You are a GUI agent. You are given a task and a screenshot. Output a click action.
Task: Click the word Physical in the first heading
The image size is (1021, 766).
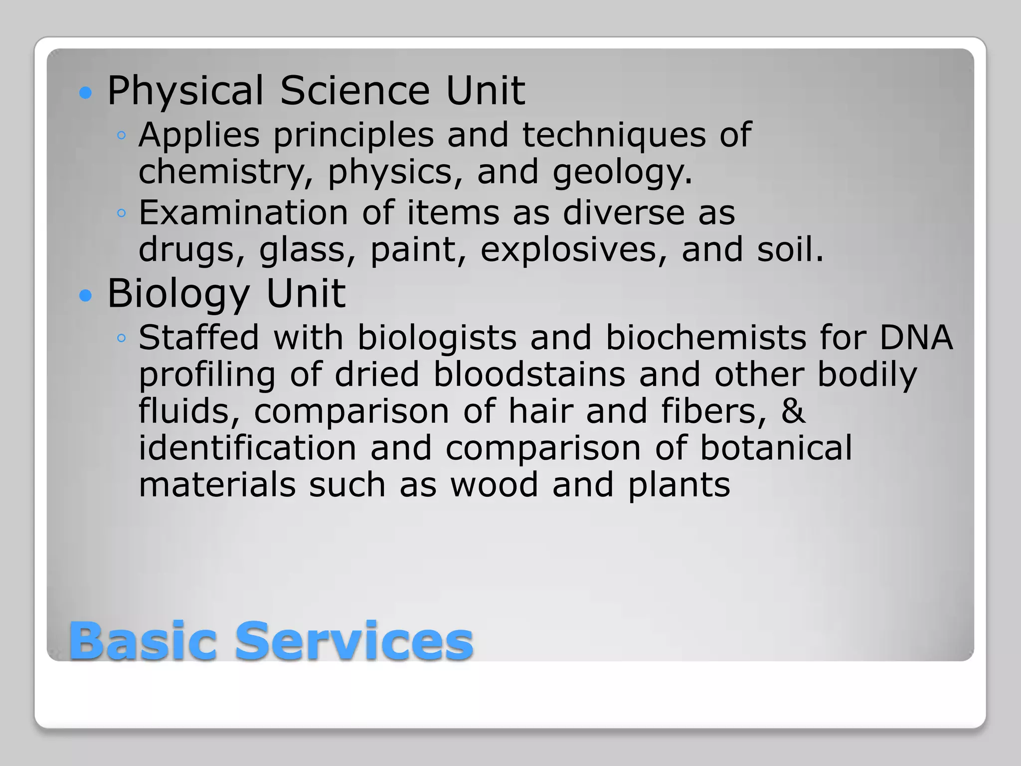(185, 91)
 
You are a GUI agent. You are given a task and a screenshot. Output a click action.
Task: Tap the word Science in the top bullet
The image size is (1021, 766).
(354, 91)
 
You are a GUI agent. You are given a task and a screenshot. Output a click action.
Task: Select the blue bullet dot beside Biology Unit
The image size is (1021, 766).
(86, 296)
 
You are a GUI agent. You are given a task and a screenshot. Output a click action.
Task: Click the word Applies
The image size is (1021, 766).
(199, 136)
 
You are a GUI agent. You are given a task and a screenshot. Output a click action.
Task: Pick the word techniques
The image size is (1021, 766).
(614, 136)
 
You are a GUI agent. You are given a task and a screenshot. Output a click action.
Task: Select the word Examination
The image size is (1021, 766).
(243, 213)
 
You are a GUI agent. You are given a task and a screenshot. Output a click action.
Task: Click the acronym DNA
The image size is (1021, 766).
(916, 338)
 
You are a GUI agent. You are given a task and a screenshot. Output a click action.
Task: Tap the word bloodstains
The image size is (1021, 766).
(529, 375)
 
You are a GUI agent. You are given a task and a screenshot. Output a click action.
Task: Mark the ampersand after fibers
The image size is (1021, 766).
(793, 411)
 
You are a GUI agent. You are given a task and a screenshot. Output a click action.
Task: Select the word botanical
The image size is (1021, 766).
(776, 448)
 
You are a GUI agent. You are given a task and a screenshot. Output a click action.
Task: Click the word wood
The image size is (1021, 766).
(494, 485)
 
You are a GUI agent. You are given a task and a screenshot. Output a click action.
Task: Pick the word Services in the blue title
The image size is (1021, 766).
(354, 641)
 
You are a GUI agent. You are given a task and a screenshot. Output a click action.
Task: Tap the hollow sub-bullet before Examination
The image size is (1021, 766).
(121, 214)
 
